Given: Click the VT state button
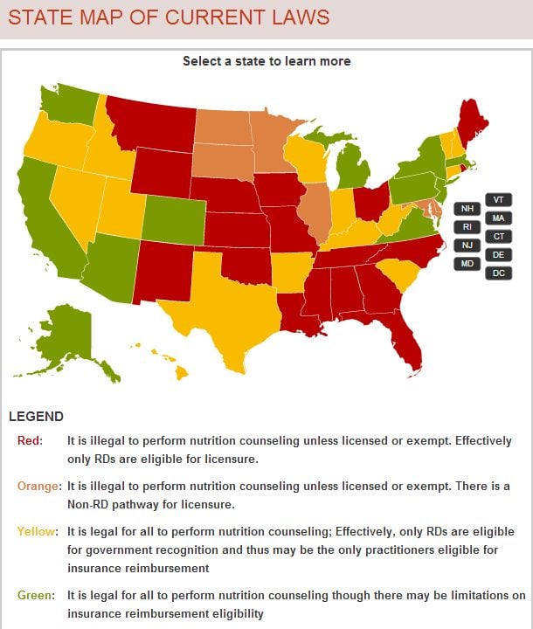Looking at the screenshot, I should point(498,199).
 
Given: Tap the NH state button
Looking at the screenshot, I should point(467,209).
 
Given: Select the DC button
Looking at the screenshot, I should point(498,273).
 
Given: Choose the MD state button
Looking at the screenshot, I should point(467,264).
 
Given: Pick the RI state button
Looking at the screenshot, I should point(467,227).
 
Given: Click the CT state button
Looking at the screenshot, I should point(498,237).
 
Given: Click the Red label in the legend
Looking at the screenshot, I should point(30,440).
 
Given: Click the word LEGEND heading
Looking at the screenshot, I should point(36,417).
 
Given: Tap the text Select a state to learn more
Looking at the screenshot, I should point(266,61).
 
